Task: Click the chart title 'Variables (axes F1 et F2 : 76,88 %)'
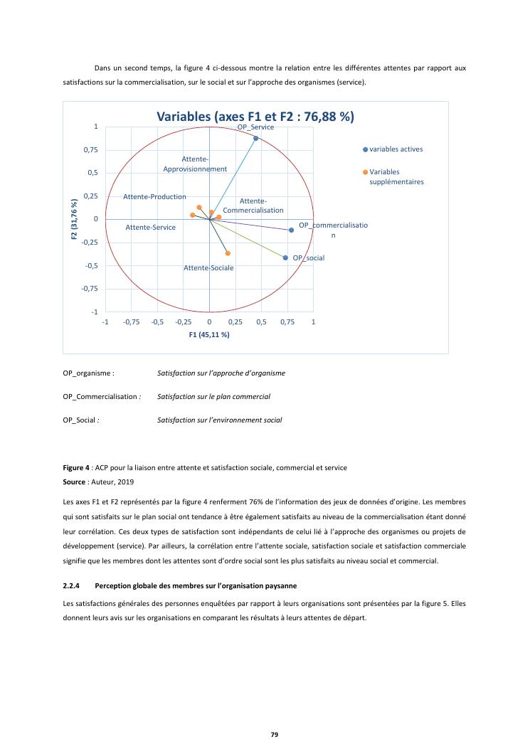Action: point(255,117)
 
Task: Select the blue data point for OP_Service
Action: point(255,138)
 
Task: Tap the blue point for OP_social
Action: point(285,257)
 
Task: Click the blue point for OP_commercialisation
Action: point(291,230)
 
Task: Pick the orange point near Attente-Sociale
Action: point(228,253)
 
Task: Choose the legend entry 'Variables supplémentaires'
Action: point(396,176)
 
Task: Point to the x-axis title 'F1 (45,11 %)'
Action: point(209,334)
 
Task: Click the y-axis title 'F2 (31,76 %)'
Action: point(74,219)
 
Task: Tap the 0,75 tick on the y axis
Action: point(90,150)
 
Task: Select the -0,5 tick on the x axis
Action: point(157,322)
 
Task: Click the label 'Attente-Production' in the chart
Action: point(154,196)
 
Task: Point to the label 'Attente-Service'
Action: point(150,228)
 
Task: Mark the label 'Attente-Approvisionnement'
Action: point(195,164)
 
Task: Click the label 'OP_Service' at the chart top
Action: point(255,127)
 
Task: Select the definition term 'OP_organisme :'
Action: point(88,373)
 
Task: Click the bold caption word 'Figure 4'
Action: point(76,468)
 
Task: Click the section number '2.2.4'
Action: point(73,585)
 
